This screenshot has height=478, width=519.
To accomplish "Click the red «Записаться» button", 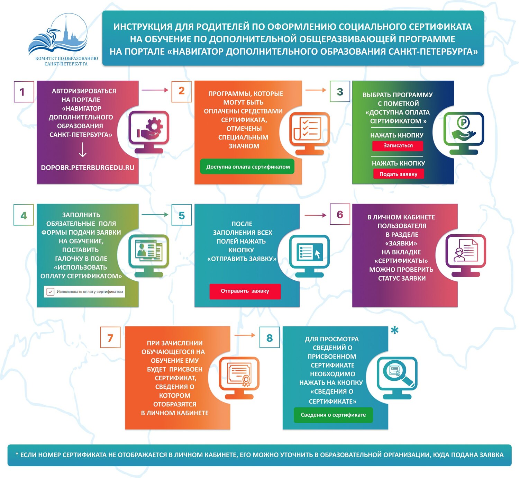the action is [x=398, y=146].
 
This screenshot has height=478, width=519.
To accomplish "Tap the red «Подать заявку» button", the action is [x=399, y=174].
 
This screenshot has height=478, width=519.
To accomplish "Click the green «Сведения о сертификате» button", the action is [x=333, y=415].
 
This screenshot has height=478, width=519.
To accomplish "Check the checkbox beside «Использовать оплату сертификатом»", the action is [x=50, y=291].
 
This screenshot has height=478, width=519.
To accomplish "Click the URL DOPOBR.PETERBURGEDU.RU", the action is [x=88, y=168].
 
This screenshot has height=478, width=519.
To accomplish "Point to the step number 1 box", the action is [x=24, y=92].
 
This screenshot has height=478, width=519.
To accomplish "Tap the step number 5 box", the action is [x=182, y=215].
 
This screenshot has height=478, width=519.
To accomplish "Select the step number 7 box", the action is [x=110, y=337].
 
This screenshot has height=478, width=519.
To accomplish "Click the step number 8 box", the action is [x=270, y=337].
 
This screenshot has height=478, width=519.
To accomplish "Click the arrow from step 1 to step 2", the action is [x=155, y=90].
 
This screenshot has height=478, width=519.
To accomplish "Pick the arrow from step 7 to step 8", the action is [x=245, y=335].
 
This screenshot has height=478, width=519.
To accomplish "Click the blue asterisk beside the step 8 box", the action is [x=394, y=330].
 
